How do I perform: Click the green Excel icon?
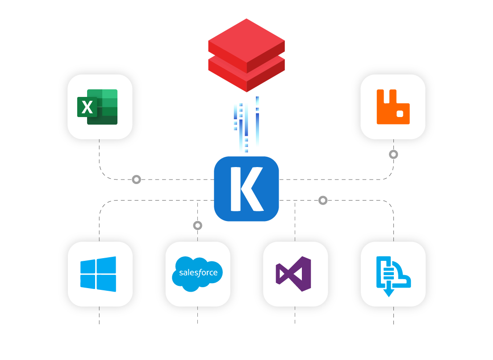98,107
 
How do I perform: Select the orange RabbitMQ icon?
393,107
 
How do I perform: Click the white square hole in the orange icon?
401,113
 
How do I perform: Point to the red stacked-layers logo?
246,54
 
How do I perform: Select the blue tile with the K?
246,189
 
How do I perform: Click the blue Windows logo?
98,274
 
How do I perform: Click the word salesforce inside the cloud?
198,272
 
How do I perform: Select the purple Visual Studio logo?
293,274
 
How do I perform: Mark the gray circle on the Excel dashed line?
137,180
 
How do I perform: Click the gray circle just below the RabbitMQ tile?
393,155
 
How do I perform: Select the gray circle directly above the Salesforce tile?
198,226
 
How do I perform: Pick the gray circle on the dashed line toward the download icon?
323,201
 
